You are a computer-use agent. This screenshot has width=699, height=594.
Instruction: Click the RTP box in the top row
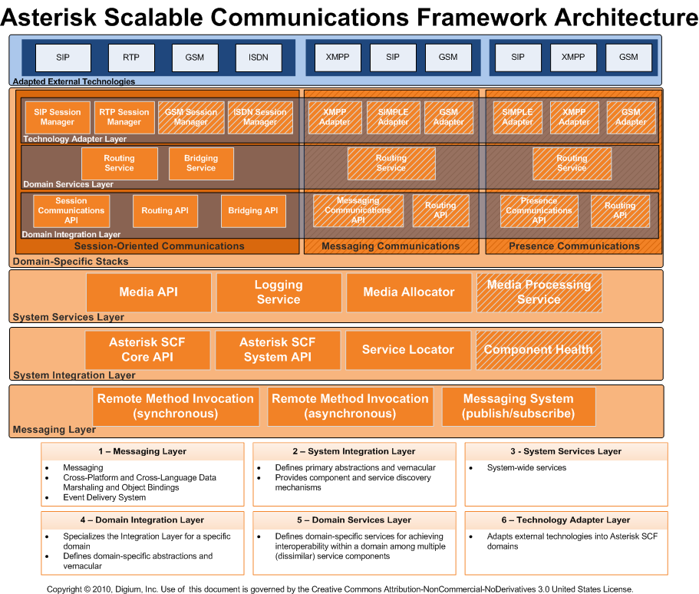(x=130, y=57)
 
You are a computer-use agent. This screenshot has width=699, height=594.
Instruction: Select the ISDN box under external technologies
(x=259, y=57)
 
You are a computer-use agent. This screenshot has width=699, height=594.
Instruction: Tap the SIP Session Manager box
(x=58, y=117)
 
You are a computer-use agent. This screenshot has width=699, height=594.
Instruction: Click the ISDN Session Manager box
(x=260, y=117)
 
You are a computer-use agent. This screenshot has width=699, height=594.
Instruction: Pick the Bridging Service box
(x=201, y=163)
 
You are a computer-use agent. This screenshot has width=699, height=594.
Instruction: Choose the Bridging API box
(x=253, y=210)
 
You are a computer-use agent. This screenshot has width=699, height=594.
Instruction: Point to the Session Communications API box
(x=71, y=210)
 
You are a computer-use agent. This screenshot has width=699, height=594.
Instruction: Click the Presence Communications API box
(x=539, y=210)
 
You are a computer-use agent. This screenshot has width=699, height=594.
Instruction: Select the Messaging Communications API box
(x=358, y=210)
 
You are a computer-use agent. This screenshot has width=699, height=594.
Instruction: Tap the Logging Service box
(x=279, y=292)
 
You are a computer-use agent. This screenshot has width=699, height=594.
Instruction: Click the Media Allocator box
(x=409, y=292)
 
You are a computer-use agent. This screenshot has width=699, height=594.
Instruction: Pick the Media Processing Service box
(x=539, y=292)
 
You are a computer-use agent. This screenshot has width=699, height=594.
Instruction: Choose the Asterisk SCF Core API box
(x=147, y=349)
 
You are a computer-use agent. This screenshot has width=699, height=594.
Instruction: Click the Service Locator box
(x=408, y=349)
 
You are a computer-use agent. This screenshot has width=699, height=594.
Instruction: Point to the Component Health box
(x=538, y=349)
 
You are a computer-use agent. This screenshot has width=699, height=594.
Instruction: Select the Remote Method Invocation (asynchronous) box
(x=350, y=406)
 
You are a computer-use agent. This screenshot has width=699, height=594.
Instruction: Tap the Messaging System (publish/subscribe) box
(x=518, y=406)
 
